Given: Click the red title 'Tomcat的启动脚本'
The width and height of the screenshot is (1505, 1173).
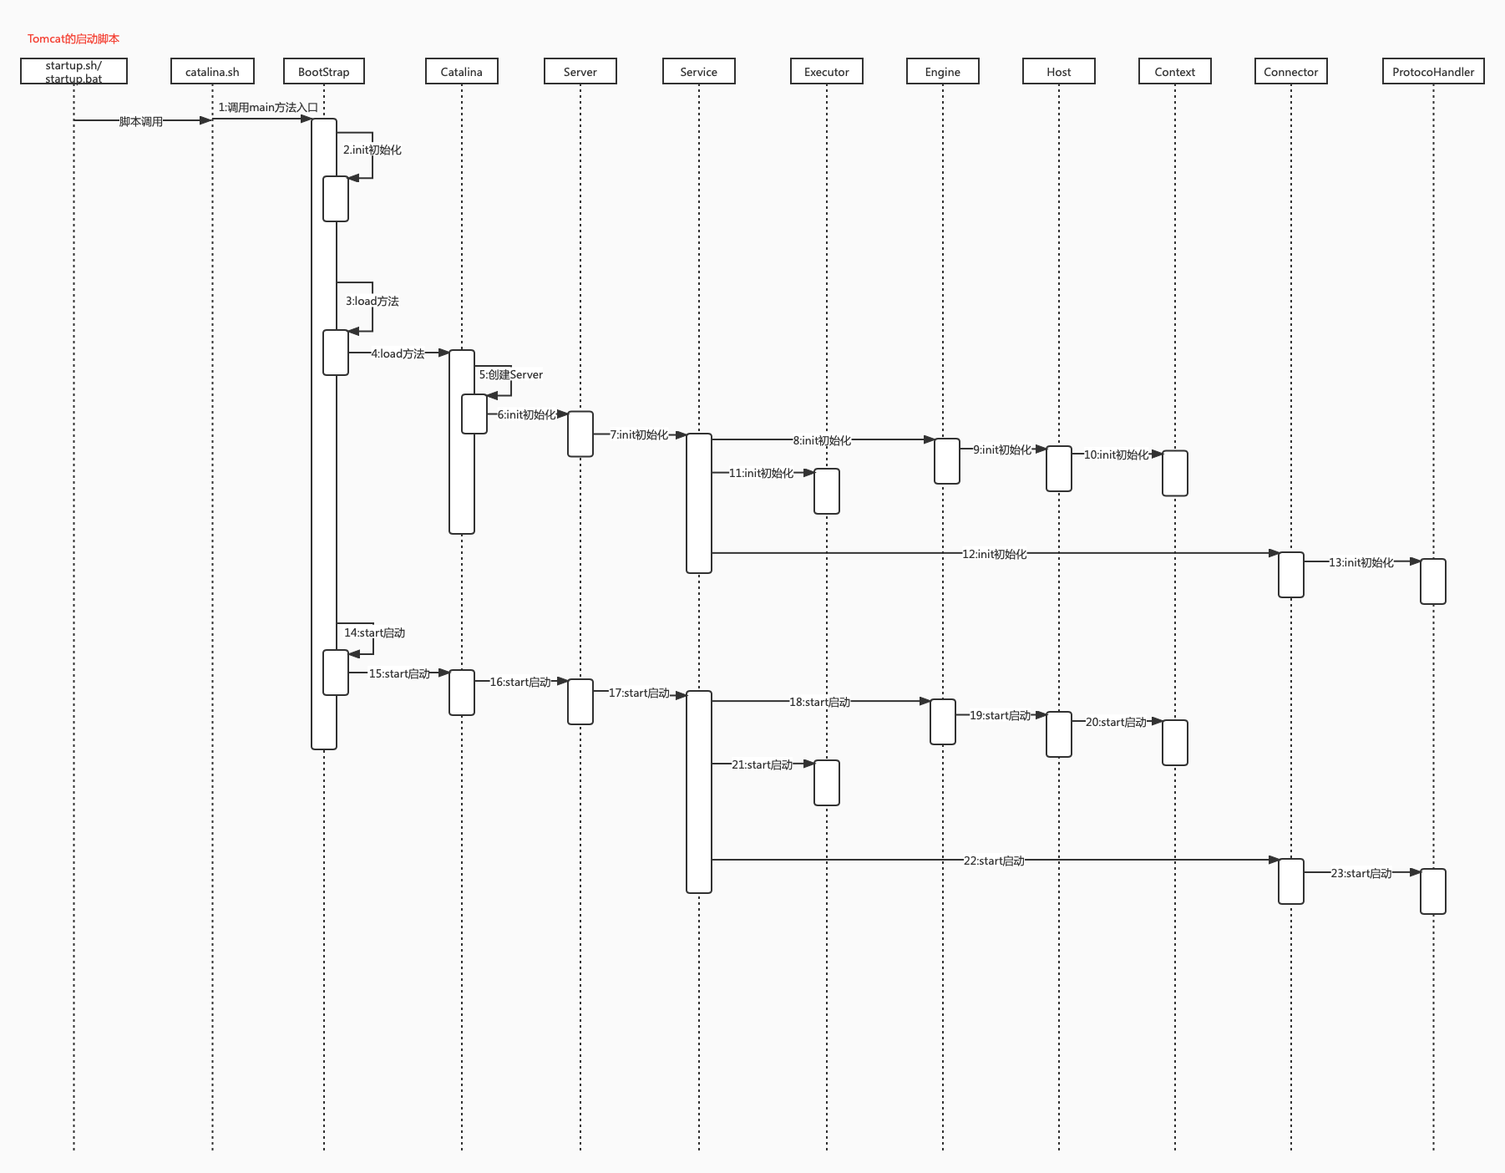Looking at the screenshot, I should [x=73, y=38].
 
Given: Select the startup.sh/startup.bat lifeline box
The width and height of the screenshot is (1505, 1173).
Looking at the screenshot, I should [x=73, y=72].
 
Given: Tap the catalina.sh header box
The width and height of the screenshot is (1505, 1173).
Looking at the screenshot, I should [x=212, y=72].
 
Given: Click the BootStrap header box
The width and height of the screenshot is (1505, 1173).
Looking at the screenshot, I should [x=324, y=72].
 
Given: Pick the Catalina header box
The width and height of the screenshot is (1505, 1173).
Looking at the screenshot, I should [x=462, y=72].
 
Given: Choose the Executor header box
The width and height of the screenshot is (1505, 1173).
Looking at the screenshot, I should [x=827, y=72].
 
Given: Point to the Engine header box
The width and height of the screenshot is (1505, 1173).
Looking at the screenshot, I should [x=943, y=72].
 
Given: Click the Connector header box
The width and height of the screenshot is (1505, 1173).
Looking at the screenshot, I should [x=1291, y=72].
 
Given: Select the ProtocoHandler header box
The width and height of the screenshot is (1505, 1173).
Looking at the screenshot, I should [x=1433, y=72].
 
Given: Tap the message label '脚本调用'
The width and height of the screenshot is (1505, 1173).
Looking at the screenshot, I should [x=141, y=121].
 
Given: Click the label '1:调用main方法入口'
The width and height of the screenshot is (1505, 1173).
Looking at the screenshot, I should [x=268, y=107].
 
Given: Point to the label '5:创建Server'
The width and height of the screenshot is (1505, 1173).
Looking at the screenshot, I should [x=511, y=374].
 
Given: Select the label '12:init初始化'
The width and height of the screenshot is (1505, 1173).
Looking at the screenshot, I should [x=994, y=554].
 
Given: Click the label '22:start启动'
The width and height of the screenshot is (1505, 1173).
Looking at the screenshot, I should [x=994, y=861].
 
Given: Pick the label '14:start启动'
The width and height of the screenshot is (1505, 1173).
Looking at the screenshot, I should [x=375, y=632].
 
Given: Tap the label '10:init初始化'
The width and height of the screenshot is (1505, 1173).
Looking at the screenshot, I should [x=1117, y=454].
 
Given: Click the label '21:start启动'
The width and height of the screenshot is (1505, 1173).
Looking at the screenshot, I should [x=763, y=764].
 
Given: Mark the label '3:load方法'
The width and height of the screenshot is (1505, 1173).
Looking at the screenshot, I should [x=372, y=301].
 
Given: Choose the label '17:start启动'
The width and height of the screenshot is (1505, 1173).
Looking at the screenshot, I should [x=639, y=693].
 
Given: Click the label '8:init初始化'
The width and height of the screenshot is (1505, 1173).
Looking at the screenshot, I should [x=822, y=440].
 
